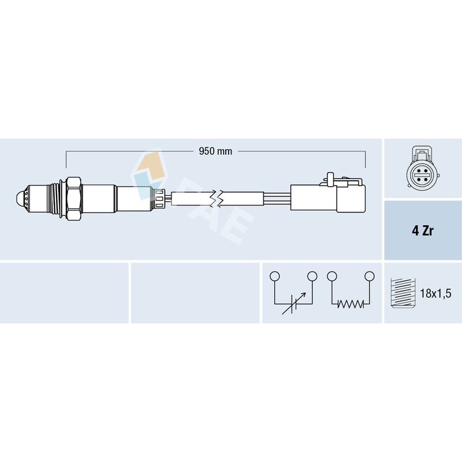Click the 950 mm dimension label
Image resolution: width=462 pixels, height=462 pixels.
(x=215, y=151)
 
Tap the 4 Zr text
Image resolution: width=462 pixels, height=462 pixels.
(x=423, y=230)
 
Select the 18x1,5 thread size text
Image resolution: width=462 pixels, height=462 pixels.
(x=435, y=293)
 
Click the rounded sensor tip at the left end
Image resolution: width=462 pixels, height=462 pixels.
(x=21, y=198)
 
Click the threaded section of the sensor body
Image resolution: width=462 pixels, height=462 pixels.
(x=55, y=198)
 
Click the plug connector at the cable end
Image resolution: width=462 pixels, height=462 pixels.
(x=328, y=197)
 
